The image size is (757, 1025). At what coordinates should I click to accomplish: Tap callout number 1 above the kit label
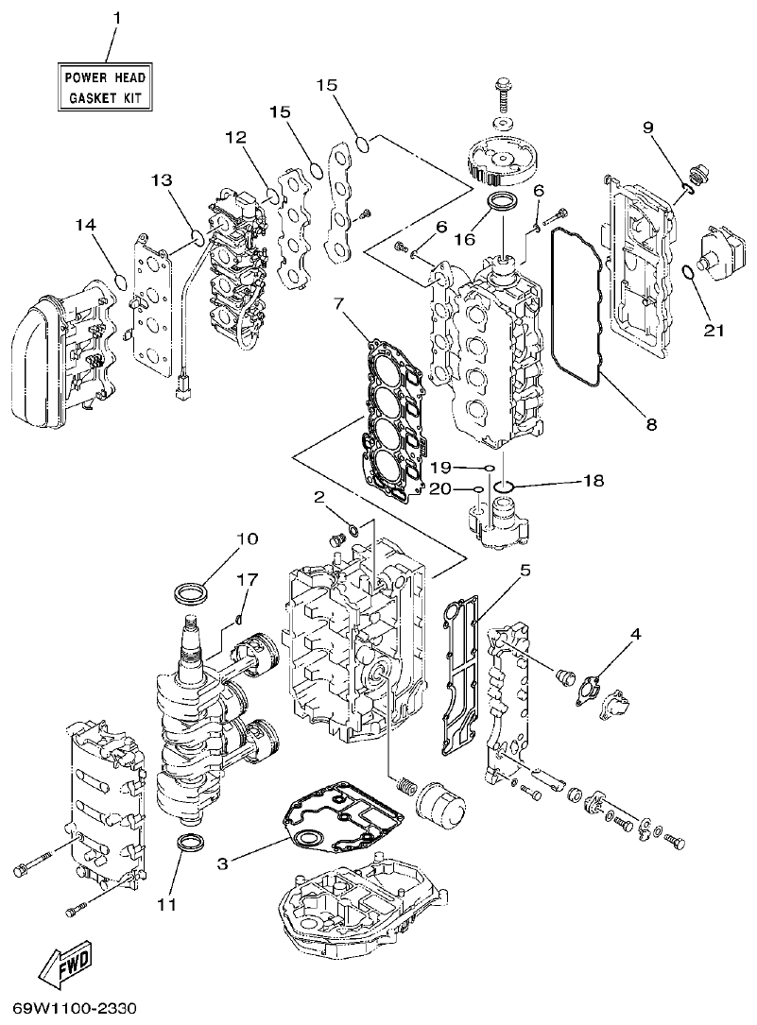click(x=117, y=18)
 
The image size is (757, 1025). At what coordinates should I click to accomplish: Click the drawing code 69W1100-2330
click(x=76, y=1008)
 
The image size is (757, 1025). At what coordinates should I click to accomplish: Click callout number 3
click(x=223, y=863)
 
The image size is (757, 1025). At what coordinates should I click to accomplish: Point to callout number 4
click(x=636, y=634)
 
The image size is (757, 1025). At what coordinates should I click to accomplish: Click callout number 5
click(x=525, y=571)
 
